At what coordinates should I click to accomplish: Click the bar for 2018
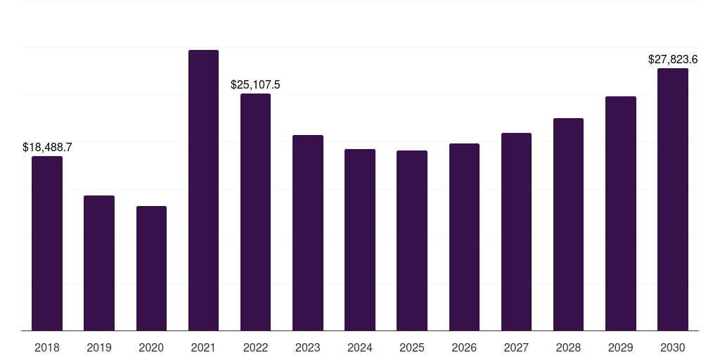(47, 243)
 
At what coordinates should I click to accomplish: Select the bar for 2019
(99, 263)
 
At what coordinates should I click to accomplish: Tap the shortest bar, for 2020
(151, 268)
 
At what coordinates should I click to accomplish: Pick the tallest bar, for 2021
(203, 190)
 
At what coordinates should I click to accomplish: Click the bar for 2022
(255, 212)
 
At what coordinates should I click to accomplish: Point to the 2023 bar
(308, 233)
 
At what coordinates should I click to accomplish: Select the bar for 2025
(412, 240)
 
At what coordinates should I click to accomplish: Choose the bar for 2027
(516, 232)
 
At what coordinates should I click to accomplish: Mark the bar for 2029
(621, 214)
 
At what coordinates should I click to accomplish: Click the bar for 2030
(673, 199)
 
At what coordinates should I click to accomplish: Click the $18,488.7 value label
(47, 148)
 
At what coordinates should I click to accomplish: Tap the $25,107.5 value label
(255, 85)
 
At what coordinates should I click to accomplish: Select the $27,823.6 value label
(673, 59)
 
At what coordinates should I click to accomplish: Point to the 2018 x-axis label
(47, 348)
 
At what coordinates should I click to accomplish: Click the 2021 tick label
(203, 348)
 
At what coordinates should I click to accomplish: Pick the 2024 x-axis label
(359, 348)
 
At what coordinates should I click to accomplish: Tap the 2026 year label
(464, 348)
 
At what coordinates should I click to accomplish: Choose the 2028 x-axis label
(568, 348)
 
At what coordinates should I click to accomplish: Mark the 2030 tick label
(673, 348)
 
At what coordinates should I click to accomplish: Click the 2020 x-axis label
(151, 348)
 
